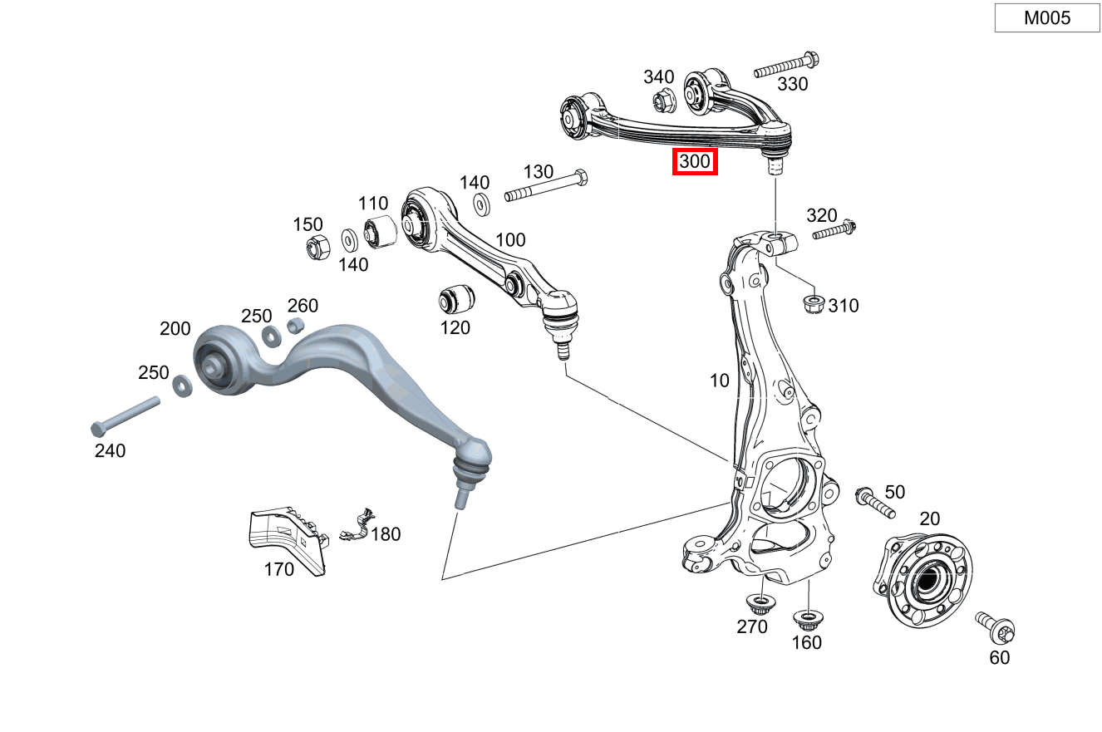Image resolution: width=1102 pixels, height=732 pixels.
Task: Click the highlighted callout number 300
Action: click(x=695, y=162)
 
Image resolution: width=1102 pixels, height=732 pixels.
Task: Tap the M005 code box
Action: click(x=1046, y=17)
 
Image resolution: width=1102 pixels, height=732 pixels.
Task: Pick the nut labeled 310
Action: click(x=813, y=304)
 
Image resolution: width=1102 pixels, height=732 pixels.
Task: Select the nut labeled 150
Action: click(x=317, y=247)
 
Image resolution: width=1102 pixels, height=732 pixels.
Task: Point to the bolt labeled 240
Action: click(x=125, y=415)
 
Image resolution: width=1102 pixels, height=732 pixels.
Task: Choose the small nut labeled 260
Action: click(x=295, y=326)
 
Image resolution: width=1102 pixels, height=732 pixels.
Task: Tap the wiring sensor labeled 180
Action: click(x=355, y=526)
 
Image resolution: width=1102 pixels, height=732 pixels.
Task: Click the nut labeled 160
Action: click(x=804, y=618)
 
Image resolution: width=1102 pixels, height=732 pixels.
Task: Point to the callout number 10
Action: click(x=719, y=381)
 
